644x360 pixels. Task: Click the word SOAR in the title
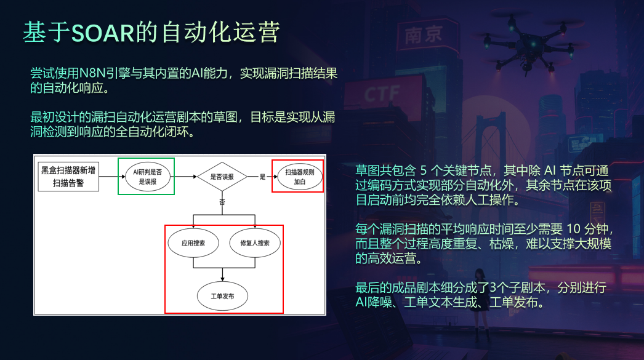coord(103,33)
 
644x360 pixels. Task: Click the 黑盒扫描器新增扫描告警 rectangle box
coord(68,177)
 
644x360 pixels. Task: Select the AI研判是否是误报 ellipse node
coord(147,177)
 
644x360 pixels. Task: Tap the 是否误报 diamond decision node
coord(222,177)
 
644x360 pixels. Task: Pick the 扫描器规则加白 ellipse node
coord(299,177)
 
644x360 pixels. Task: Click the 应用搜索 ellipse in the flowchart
coord(193,243)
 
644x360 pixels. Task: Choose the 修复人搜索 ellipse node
coord(255,243)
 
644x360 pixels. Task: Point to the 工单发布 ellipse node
coord(222,296)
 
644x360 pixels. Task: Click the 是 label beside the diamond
coord(262,177)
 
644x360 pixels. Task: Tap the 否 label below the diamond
coord(222,202)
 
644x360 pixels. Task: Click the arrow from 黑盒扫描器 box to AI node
coord(112,177)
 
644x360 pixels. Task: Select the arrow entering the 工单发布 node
coord(222,274)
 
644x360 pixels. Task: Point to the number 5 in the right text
coord(424,170)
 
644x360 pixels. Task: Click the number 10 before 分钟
coord(573,229)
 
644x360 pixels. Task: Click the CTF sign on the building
coord(382,94)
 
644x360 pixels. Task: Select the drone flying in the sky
coord(529,45)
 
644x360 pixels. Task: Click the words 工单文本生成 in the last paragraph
coord(441,303)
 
